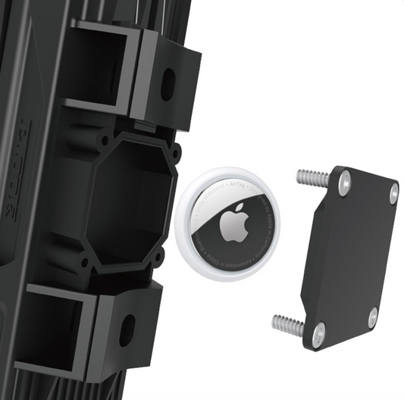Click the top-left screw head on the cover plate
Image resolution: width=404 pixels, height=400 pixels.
pyautogui.click(x=345, y=179)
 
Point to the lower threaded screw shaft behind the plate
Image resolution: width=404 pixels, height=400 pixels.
pyautogui.click(x=287, y=324)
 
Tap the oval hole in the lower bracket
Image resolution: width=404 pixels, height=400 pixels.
pyautogui.click(x=127, y=330)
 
